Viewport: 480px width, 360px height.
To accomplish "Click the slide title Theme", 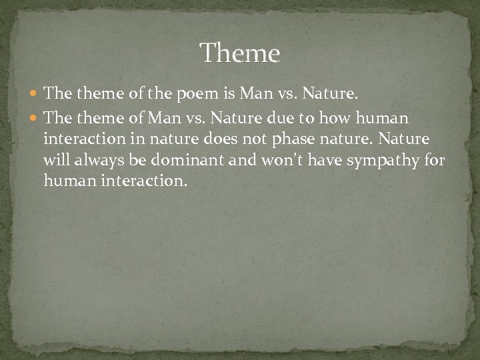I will point(240,52).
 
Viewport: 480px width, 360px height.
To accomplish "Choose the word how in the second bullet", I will point(345,118).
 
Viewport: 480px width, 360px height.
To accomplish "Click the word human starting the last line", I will point(64,180).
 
